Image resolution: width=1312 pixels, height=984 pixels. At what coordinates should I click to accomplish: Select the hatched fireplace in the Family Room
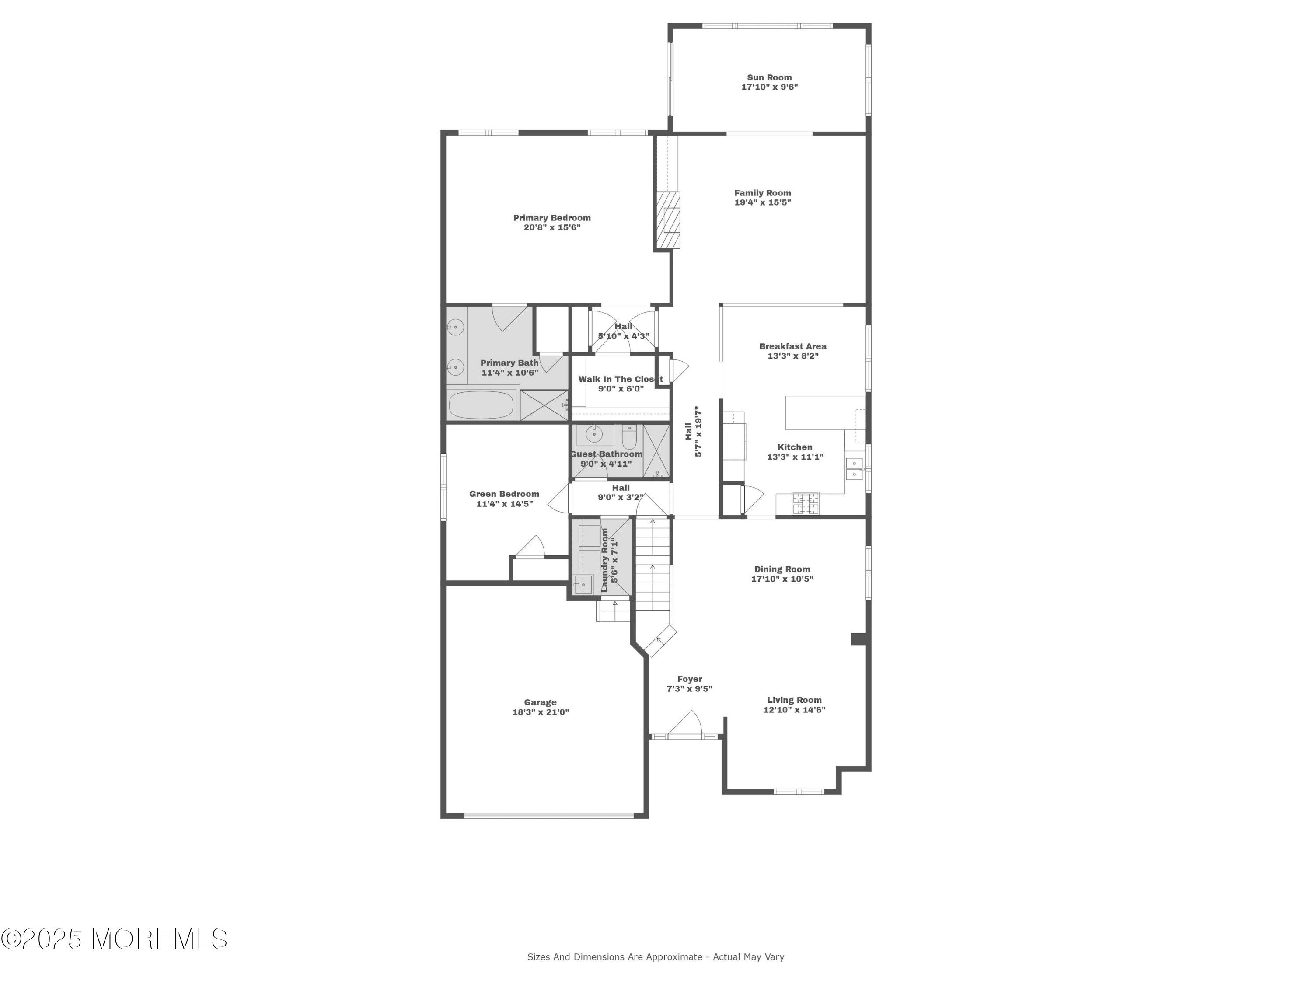[x=667, y=220]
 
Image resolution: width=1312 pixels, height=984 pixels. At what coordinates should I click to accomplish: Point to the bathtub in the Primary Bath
[x=481, y=405]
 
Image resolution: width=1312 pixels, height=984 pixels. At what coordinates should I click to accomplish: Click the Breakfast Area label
[x=793, y=347]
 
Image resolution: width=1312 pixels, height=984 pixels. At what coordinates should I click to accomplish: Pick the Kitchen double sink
[x=854, y=468]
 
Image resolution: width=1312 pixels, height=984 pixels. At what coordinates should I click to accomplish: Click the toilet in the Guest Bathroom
[x=629, y=438]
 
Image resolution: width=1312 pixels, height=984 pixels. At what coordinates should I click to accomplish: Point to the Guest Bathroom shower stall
[x=656, y=451]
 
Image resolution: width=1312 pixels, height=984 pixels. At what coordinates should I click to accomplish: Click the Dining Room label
[x=782, y=569]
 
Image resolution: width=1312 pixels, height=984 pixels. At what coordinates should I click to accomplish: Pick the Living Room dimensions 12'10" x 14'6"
[x=795, y=710]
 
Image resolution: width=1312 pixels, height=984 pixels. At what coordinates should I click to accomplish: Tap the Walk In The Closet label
[x=621, y=380]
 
